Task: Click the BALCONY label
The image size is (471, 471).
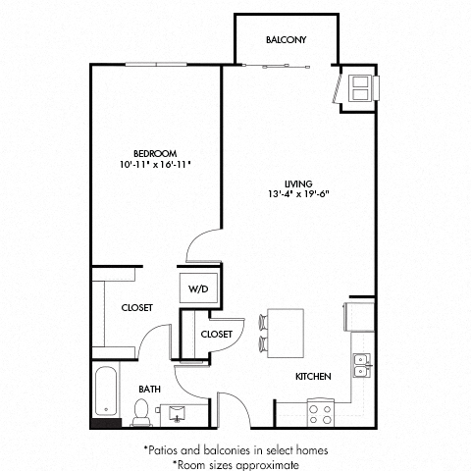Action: point(287,40)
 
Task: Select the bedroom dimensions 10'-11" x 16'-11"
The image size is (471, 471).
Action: point(155,165)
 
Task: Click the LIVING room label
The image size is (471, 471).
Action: point(298,183)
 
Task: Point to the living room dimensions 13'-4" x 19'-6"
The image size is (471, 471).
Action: point(298,194)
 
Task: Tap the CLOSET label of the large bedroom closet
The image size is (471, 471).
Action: point(137,308)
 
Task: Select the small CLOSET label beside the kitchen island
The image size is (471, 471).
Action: point(216,335)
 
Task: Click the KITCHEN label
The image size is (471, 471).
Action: point(312,377)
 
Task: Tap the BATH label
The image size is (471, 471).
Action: point(148,389)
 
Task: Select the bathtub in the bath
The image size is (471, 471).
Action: point(103,396)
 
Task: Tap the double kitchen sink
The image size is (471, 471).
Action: point(361,365)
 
